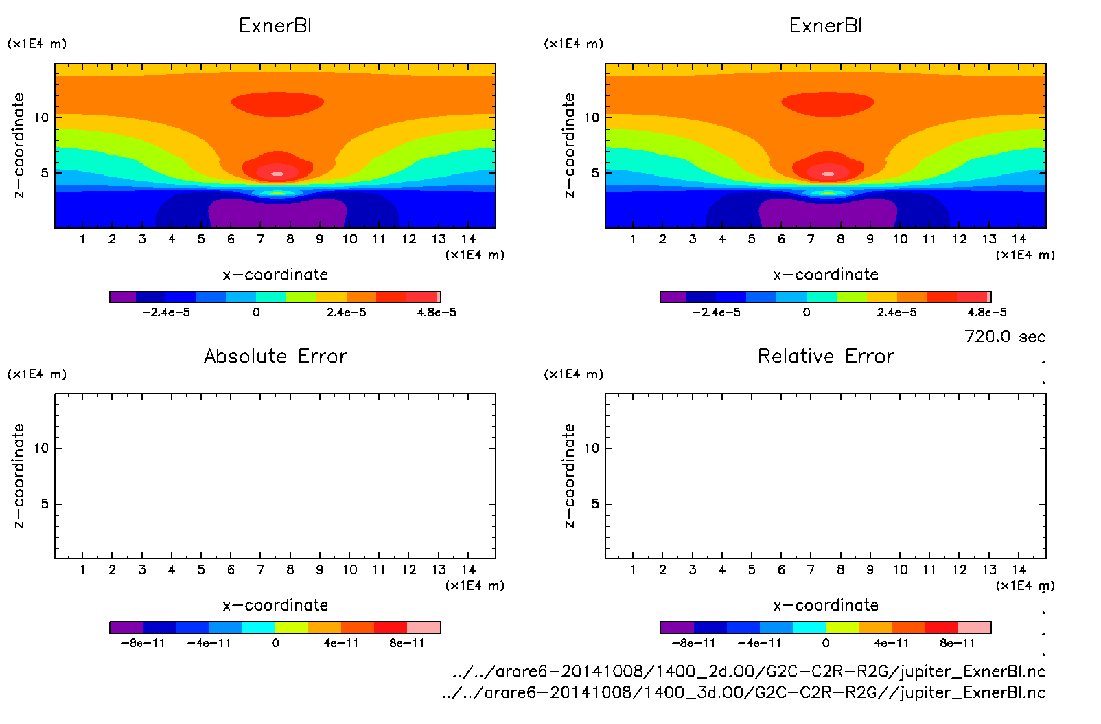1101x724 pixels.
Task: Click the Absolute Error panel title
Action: click(x=275, y=356)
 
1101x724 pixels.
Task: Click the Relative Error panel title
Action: click(x=826, y=356)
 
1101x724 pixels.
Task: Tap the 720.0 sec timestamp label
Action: click(x=1004, y=337)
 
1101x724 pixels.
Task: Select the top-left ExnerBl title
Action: click(x=275, y=25)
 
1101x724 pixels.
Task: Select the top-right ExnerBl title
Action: click(x=826, y=25)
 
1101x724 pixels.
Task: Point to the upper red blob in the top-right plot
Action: click(x=828, y=103)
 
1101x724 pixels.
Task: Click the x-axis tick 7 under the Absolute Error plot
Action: click(x=260, y=569)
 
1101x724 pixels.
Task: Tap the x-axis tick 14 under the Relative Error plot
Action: click(x=1019, y=569)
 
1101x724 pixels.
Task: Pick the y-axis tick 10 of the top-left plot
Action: click(x=41, y=117)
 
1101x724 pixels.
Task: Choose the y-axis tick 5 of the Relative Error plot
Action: click(x=595, y=504)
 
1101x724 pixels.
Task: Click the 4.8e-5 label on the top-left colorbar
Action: click(x=437, y=313)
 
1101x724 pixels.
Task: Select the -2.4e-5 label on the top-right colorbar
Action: click(x=716, y=313)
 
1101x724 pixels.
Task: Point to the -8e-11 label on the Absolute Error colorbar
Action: click(x=143, y=643)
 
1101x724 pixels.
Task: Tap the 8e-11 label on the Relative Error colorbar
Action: click(x=958, y=643)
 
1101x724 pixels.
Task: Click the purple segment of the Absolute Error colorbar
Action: click(x=126, y=627)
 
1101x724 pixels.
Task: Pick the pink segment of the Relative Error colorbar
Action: click(x=974, y=627)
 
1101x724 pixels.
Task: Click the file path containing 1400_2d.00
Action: click(x=749, y=671)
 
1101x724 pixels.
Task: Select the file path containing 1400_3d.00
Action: click(x=743, y=692)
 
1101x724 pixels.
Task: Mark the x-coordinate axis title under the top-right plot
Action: click(x=826, y=275)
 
